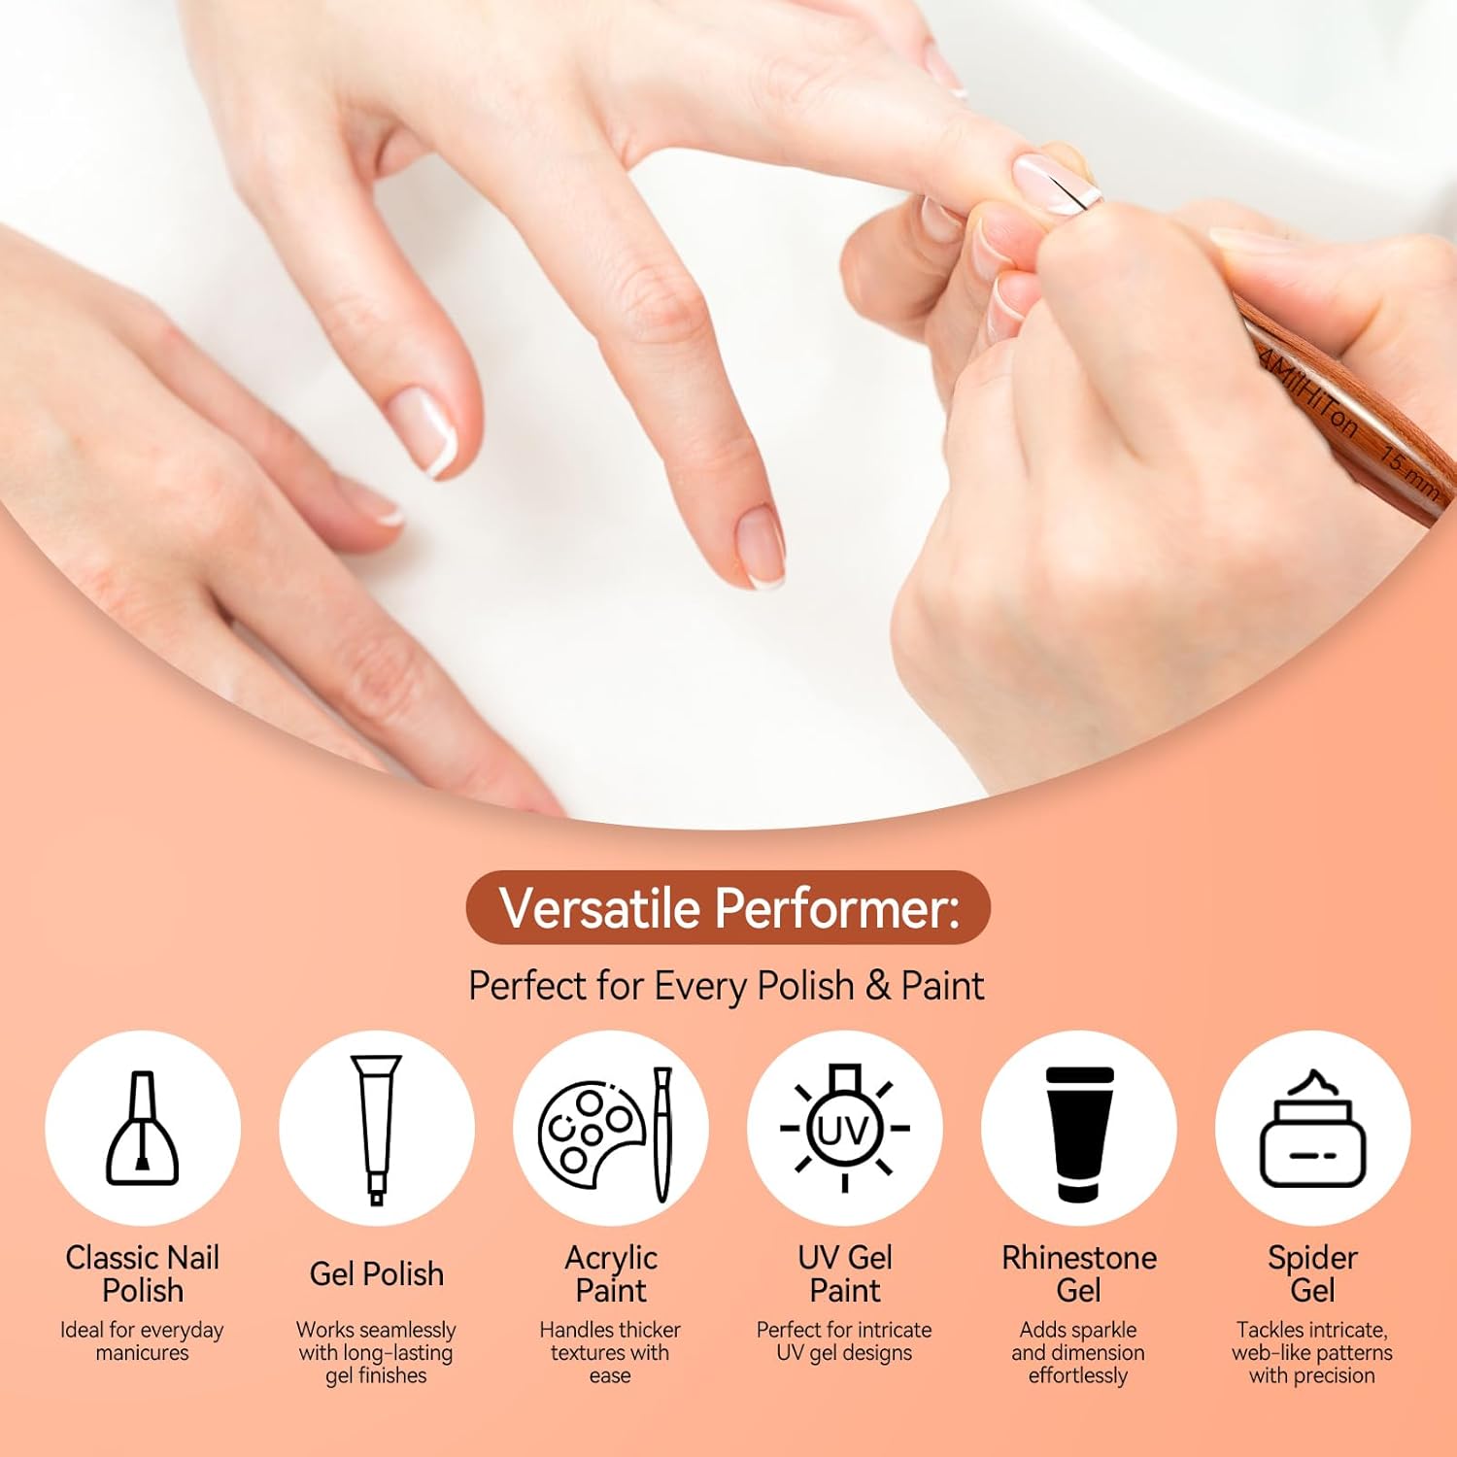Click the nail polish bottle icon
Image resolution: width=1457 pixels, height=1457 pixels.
[x=142, y=1128]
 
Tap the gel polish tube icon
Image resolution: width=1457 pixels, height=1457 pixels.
[x=376, y=1130]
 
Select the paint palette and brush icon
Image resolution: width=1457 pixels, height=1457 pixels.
[x=606, y=1132]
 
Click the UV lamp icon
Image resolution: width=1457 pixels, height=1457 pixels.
[x=844, y=1128]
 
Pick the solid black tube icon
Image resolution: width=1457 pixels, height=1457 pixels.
[x=1078, y=1134]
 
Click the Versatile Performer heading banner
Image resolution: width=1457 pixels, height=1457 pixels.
[x=728, y=908]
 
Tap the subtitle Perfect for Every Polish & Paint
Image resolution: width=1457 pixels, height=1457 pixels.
[x=727, y=986]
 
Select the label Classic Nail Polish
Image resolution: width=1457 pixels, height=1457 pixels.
[x=143, y=1273]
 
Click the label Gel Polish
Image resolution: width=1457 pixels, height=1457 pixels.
[x=377, y=1273]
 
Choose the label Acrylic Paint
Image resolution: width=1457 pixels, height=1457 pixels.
[x=611, y=1273]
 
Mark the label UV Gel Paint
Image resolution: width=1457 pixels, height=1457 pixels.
[x=845, y=1273]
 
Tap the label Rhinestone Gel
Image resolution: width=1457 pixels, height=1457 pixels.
[x=1079, y=1273]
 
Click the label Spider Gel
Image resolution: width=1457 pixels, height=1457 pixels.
[x=1312, y=1273]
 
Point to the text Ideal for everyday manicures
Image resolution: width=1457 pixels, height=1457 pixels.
[x=142, y=1341]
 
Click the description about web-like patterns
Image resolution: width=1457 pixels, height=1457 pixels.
[x=1312, y=1352]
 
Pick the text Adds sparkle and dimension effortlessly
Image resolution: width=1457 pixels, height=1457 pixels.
[x=1078, y=1352]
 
